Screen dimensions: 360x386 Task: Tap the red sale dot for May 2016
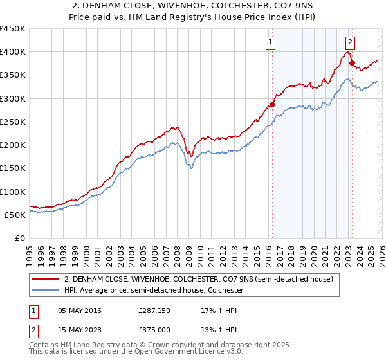point(272,104)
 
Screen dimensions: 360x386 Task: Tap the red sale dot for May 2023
point(352,63)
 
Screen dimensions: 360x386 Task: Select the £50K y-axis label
point(15,215)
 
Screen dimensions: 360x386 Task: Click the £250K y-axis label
point(13,122)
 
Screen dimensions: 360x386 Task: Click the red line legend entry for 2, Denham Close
point(198,279)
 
